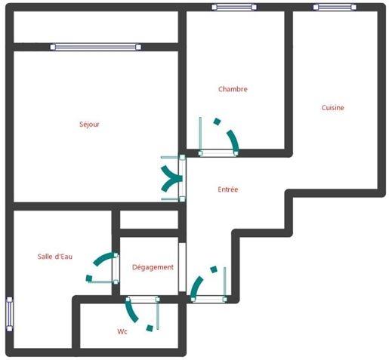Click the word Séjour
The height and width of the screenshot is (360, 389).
click(89, 125)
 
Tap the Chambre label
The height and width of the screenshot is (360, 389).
click(233, 89)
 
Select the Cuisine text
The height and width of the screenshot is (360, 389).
click(332, 108)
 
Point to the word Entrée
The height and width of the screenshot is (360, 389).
click(227, 189)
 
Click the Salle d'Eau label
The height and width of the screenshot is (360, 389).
click(54, 257)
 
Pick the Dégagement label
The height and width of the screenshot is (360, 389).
click(153, 267)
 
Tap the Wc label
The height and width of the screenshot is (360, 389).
click(122, 331)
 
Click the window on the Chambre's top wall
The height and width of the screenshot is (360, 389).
click(234, 8)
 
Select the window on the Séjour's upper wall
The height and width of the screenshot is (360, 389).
click(96, 47)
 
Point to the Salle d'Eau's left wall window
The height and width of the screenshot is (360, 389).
click(9, 313)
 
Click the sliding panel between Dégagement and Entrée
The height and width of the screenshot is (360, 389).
click(182, 268)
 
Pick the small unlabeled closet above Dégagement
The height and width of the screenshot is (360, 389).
click(149, 220)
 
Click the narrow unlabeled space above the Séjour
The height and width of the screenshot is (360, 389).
click(96, 27)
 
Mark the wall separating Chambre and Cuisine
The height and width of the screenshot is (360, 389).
click(289, 79)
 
